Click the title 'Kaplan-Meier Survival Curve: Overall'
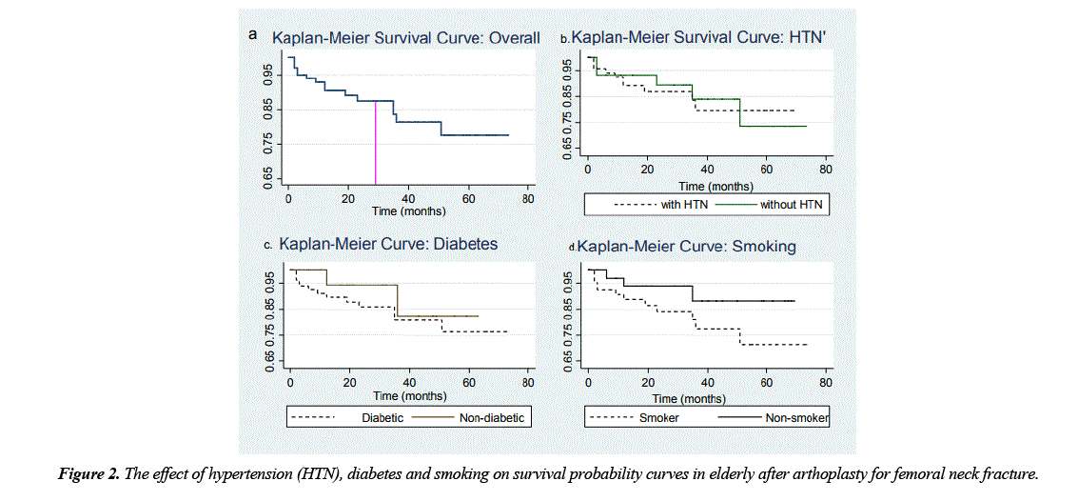coord(406,38)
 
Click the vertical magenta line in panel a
coord(375,143)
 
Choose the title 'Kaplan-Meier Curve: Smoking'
coord(686,247)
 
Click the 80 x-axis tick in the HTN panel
coord(826,169)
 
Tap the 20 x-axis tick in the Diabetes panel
coord(349,384)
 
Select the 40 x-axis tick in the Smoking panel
coord(708,383)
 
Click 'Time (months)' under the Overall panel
coord(408,210)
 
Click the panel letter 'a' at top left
coord(253,34)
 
